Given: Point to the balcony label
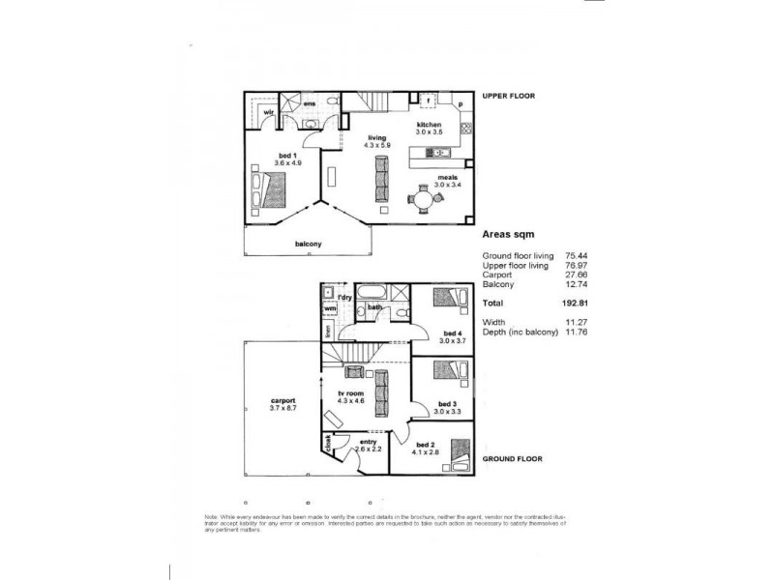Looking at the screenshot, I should (x=308, y=244).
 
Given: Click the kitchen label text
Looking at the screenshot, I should (x=429, y=127).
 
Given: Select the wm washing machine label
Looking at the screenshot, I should (x=330, y=308).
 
